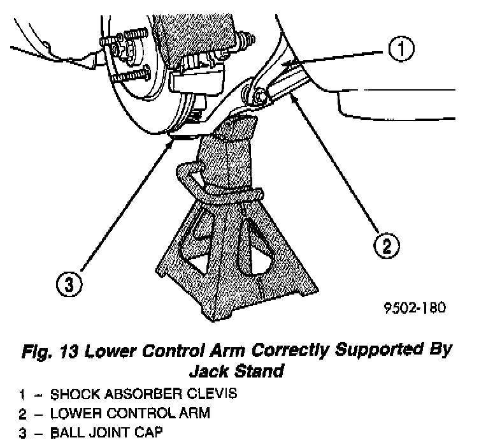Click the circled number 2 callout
coord(386,245)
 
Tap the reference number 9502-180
coord(411,307)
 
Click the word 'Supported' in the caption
coord(367,350)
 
